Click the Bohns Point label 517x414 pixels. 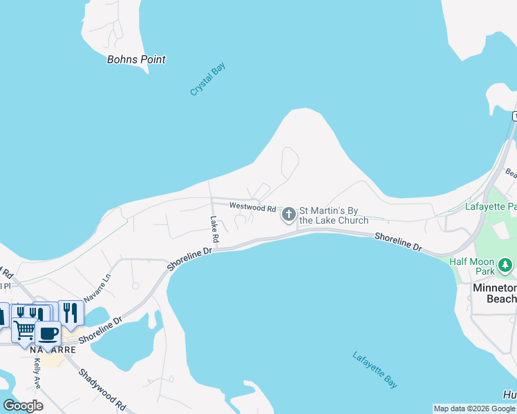click(x=136, y=59)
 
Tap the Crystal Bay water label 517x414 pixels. click(x=208, y=79)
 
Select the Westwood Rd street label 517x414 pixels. click(x=252, y=207)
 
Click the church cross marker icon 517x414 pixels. click(x=288, y=215)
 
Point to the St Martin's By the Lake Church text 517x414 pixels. click(x=334, y=215)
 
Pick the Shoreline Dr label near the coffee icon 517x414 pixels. click(x=100, y=330)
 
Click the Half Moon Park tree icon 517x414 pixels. click(x=505, y=265)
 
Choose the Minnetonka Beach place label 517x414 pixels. click(x=493, y=293)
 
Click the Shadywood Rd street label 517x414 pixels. click(x=102, y=391)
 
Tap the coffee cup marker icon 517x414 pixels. click(x=48, y=333)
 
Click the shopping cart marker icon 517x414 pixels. click(x=24, y=329)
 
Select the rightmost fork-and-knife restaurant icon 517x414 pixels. click(x=70, y=313)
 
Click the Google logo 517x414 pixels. click(x=23, y=405)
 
